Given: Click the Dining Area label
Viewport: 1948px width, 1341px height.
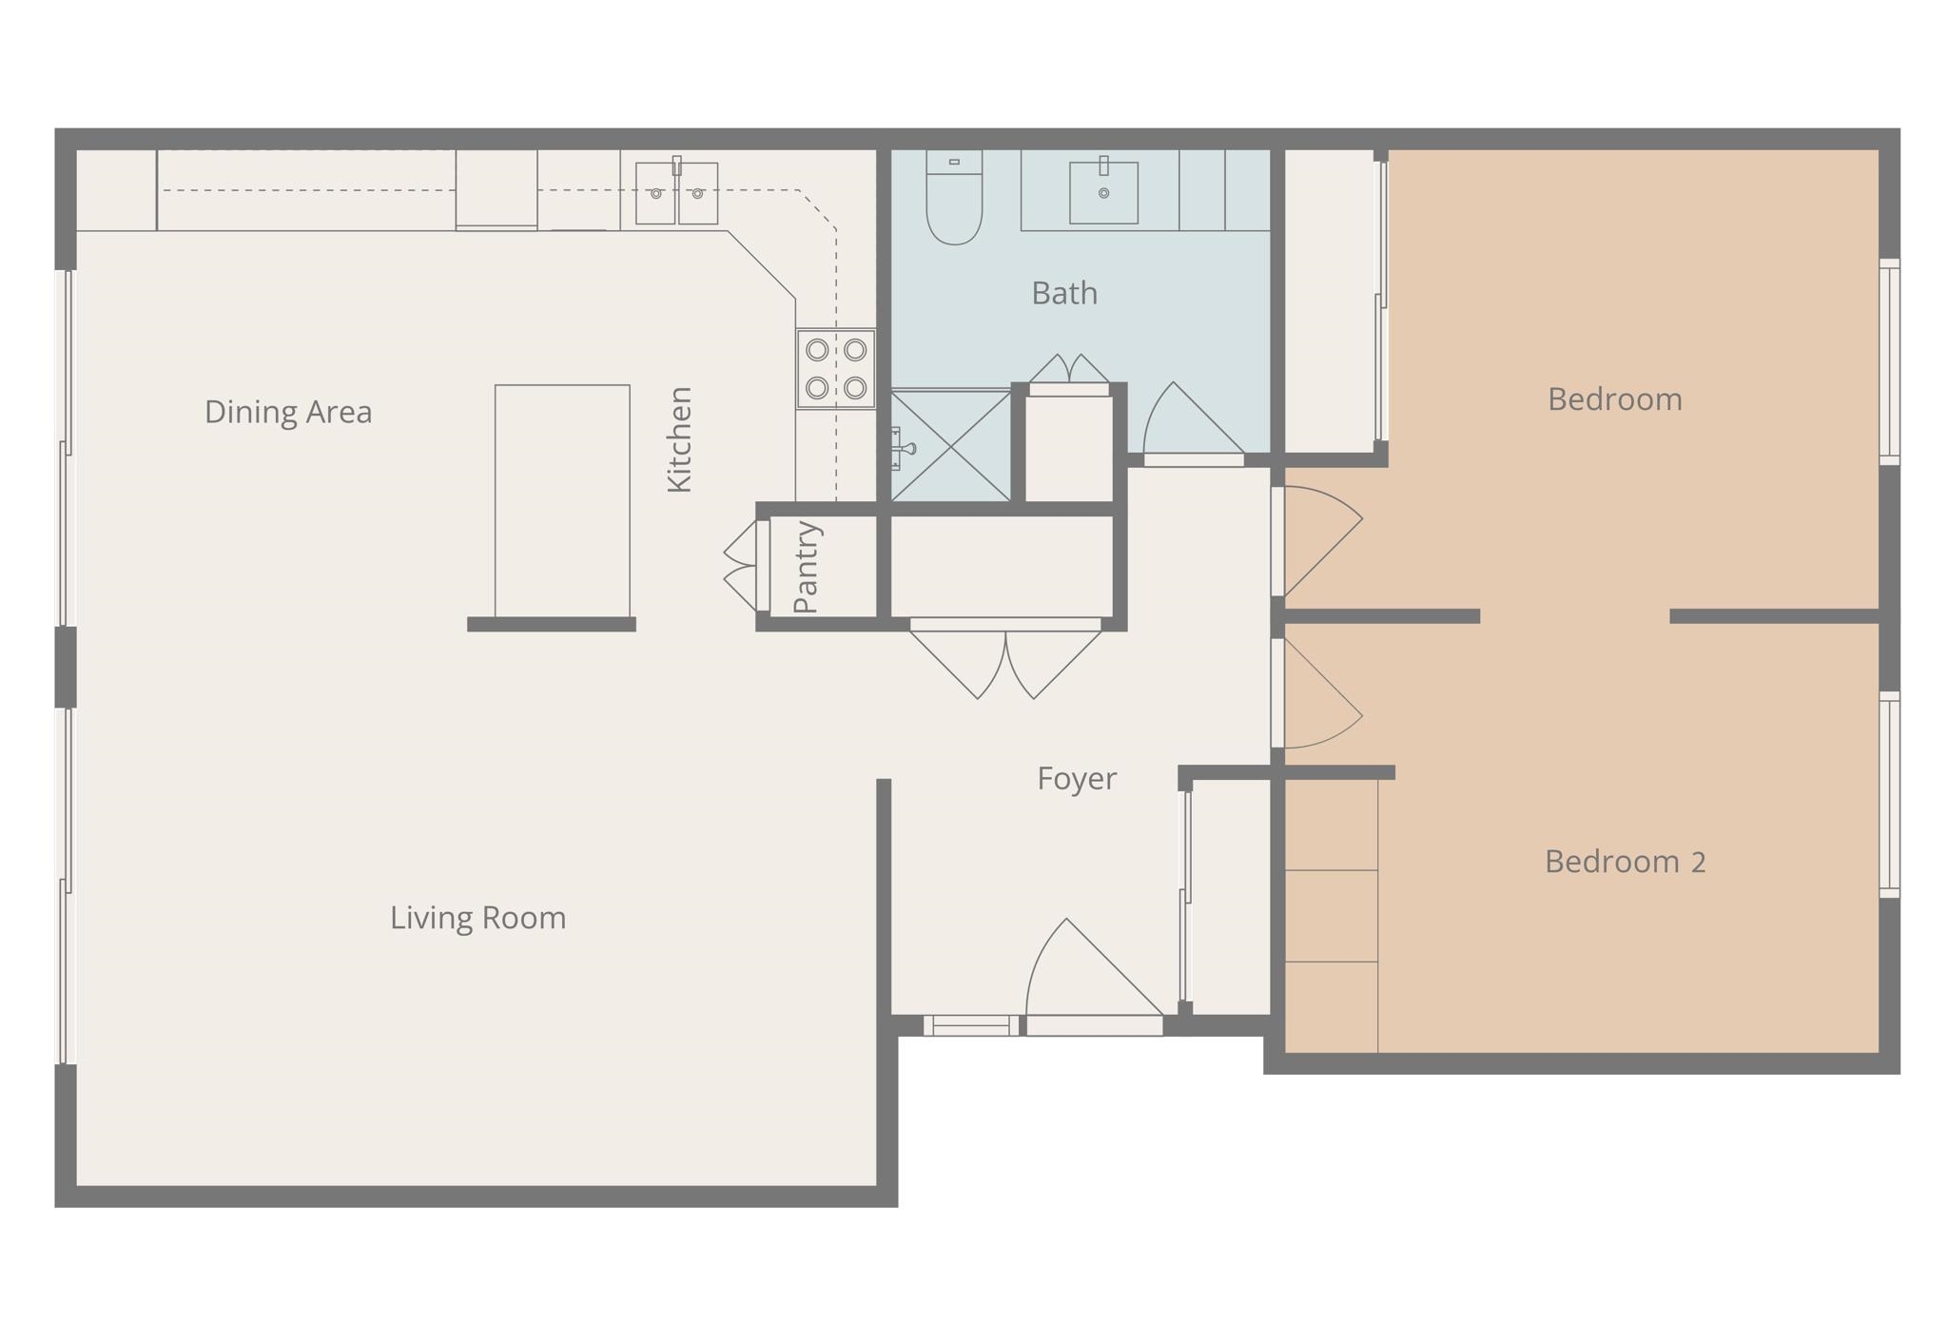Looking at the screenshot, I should [x=288, y=412].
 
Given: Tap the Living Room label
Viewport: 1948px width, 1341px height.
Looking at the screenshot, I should [x=477, y=918].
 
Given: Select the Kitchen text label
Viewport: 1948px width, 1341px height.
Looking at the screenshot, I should [x=679, y=439].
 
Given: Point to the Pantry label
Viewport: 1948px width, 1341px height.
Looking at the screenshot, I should [x=806, y=567].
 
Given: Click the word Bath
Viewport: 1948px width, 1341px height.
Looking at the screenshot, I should [x=1064, y=293].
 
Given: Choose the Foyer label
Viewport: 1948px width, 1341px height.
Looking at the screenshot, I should [x=1076, y=779].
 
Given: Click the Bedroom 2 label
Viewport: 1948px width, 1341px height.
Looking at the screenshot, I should [x=1625, y=862].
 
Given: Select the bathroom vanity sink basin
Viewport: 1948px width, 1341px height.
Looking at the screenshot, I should [x=1103, y=193].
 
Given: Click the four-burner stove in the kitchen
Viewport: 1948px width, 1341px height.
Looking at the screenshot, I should [x=835, y=369].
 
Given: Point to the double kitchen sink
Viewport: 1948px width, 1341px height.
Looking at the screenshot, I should [x=676, y=194].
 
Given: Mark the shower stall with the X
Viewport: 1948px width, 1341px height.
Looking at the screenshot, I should [x=950, y=446].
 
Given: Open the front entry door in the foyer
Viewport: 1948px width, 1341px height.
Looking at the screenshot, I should [x=1094, y=980].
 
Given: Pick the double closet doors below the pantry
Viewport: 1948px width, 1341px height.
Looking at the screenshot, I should [x=1005, y=661].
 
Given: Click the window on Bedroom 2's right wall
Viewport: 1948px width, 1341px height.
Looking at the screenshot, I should [x=1890, y=794].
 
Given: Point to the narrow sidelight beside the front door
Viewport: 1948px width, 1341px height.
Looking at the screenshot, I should [x=970, y=1025].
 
